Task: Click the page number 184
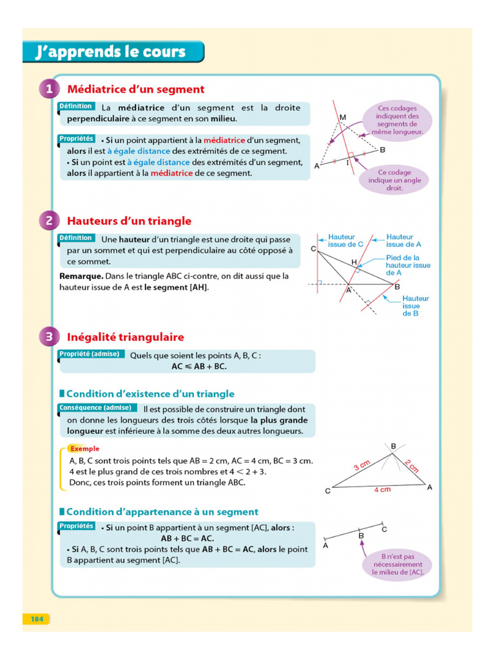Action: pos(36,619)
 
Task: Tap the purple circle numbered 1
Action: pos(50,89)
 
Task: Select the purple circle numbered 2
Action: pos(50,220)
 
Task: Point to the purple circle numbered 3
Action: pos(50,336)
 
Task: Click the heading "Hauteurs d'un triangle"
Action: pos(129,221)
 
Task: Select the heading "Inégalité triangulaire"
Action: pos(125,337)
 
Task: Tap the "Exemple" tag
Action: pos(84,449)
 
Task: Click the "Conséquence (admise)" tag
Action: pos(96,407)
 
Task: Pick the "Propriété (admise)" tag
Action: pos(89,354)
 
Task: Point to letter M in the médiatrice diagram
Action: pos(343,117)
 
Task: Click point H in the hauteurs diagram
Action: pos(354,262)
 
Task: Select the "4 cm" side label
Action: pos(382,490)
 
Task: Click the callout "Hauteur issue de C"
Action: pos(346,240)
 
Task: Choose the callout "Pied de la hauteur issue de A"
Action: pos(407,265)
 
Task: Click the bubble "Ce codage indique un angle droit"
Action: pos(394,180)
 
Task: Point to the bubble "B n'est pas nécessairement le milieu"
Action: pos(397,564)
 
